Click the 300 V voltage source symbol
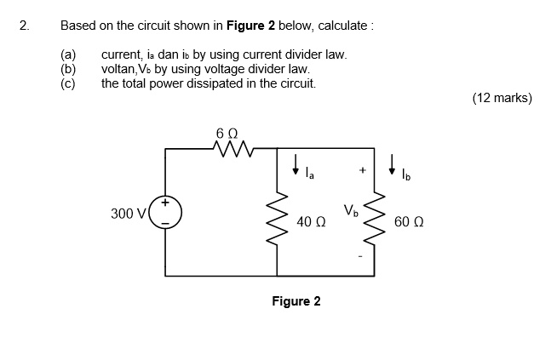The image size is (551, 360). tap(165, 213)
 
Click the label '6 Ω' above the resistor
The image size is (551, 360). tap(227, 133)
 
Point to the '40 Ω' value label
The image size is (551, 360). tap(311, 222)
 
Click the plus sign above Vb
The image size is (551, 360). tap(362, 170)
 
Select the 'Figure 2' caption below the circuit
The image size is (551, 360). tap(296, 301)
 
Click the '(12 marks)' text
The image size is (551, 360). tap(502, 98)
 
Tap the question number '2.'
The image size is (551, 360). tap(24, 26)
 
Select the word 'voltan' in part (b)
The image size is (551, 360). tap(118, 69)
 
